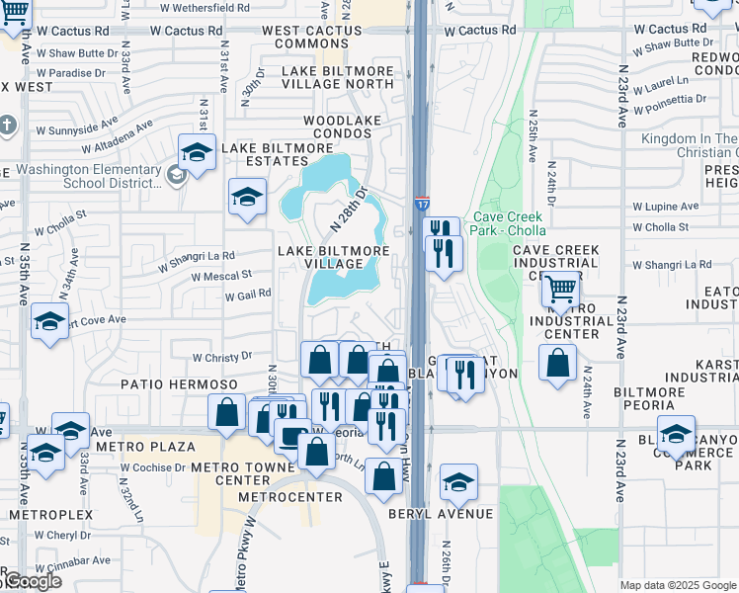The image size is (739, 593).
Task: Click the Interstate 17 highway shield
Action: click(x=422, y=204)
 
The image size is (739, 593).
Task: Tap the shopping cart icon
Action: click(x=560, y=289)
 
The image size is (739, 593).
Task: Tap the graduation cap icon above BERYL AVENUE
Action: click(x=458, y=481)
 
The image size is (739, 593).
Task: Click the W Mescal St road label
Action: click(x=222, y=276)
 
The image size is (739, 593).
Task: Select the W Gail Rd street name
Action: click(x=248, y=295)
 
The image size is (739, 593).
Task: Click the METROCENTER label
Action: click(x=283, y=495)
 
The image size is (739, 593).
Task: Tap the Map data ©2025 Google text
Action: click(x=678, y=585)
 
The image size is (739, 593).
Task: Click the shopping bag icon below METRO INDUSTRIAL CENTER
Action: click(x=558, y=362)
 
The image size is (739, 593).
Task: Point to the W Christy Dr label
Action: click(x=222, y=357)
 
